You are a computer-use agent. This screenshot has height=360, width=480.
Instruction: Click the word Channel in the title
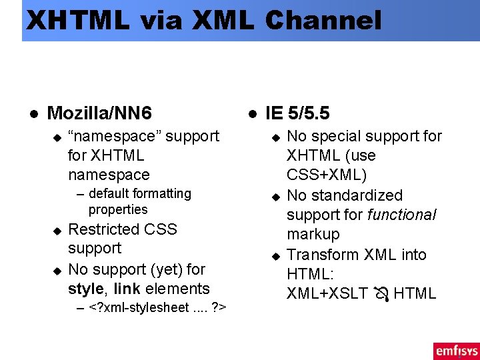323,20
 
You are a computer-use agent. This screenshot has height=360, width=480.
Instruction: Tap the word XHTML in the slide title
77,20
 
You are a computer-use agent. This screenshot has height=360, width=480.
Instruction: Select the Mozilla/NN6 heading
100,112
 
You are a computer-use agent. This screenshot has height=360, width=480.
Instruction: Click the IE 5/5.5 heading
297,112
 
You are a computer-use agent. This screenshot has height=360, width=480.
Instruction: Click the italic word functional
401,215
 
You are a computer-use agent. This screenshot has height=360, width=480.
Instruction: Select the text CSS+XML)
327,175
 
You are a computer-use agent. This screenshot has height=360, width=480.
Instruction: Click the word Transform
319,255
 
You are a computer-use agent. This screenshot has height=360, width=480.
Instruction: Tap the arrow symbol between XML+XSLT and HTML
383,293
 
